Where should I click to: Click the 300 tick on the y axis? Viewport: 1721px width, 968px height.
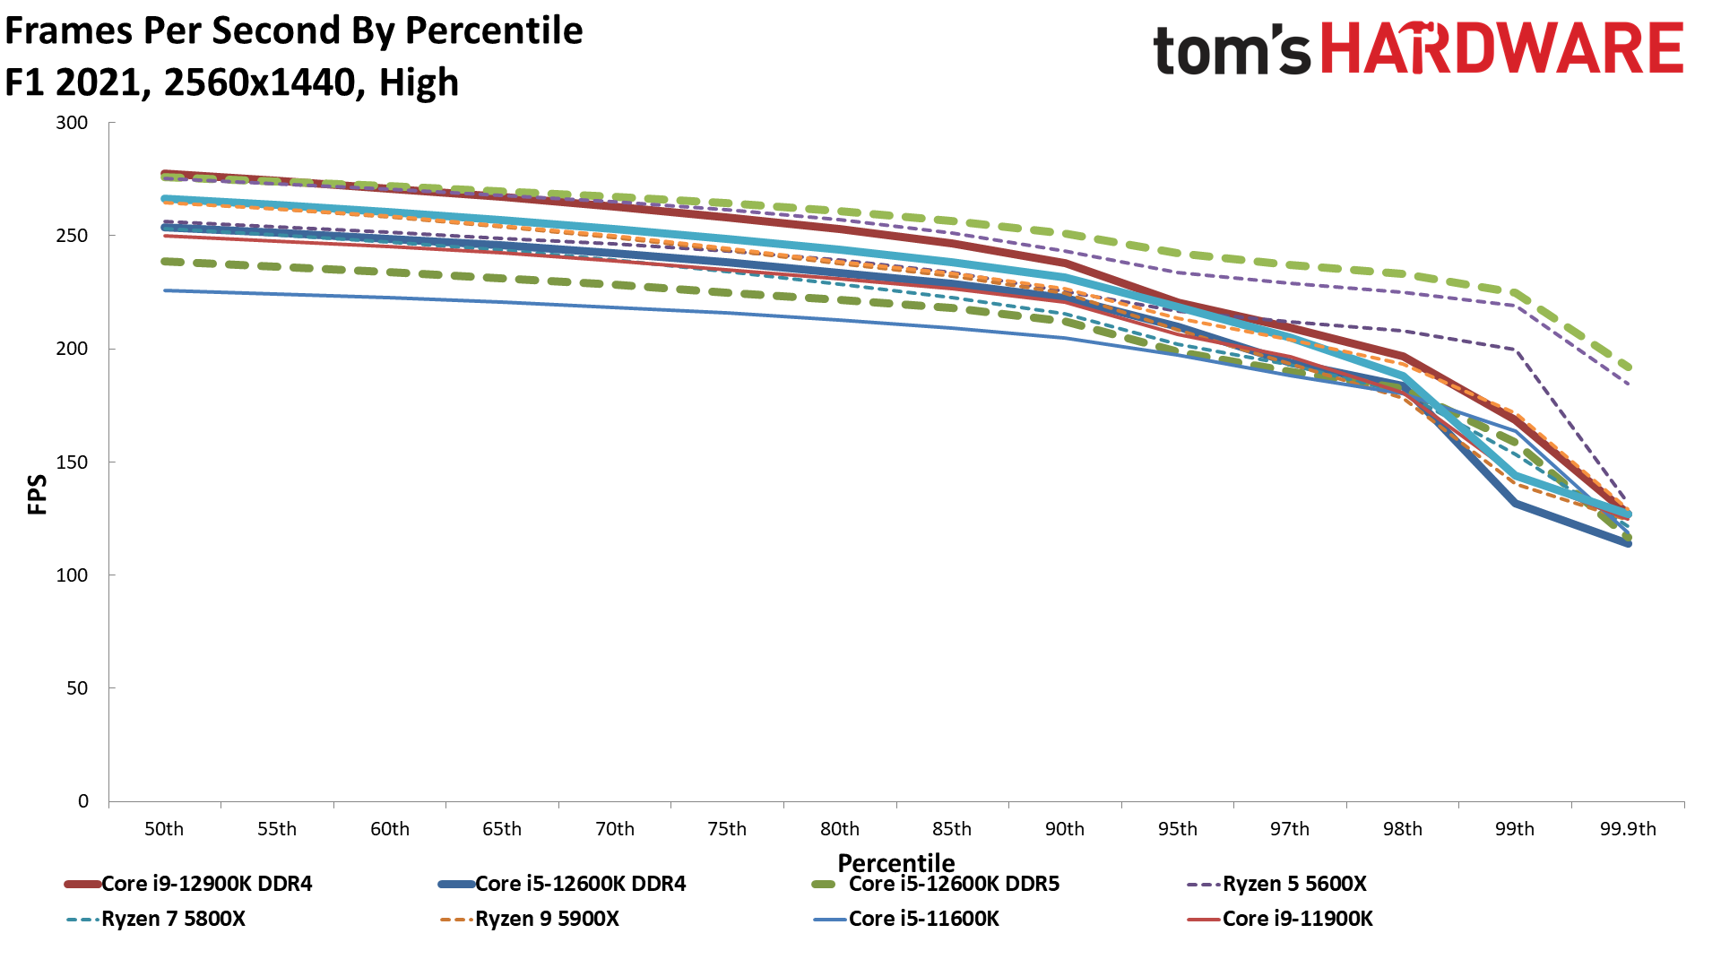point(72,123)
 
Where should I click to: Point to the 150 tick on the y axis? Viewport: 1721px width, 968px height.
point(72,462)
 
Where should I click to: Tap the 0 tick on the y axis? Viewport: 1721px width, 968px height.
point(83,801)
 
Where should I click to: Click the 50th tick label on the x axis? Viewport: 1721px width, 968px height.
point(164,829)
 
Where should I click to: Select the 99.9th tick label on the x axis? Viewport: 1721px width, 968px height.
point(1628,829)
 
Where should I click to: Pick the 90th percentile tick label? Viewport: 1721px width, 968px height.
point(1065,829)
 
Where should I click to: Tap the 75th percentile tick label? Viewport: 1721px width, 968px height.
point(727,829)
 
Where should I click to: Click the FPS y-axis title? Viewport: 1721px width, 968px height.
point(37,495)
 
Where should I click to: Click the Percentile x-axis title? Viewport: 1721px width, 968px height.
point(896,862)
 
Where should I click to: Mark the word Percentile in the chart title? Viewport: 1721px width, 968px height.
point(494,30)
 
